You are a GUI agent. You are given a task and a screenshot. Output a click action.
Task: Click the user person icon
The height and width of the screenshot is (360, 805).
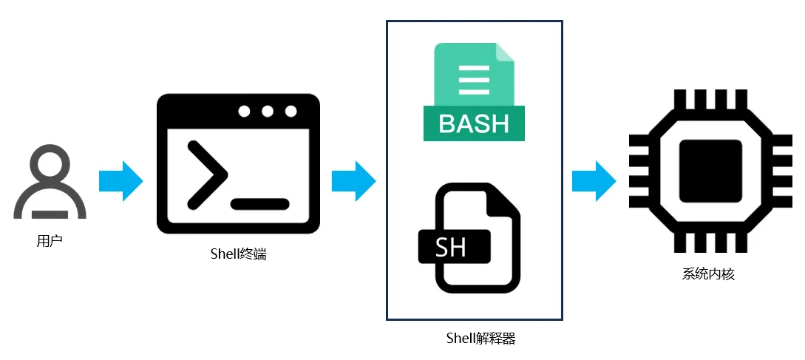pyautogui.click(x=50, y=182)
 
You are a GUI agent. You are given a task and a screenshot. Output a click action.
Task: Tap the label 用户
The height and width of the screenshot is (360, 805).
pyautogui.click(x=50, y=240)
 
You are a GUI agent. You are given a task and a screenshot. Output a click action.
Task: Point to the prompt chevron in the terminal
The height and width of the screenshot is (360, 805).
pyautogui.click(x=206, y=173)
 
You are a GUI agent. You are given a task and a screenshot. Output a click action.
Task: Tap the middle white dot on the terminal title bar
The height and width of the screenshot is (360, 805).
pyautogui.click(x=267, y=112)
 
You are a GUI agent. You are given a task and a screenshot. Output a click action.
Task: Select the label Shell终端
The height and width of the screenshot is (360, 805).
pyautogui.click(x=238, y=254)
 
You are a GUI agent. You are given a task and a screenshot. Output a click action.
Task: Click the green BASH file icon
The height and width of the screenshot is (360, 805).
pyautogui.click(x=474, y=92)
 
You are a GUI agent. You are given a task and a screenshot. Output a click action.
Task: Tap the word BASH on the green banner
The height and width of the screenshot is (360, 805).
pyautogui.click(x=474, y=123)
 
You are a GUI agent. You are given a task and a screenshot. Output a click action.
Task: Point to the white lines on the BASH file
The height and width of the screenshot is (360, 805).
pyautogui.click(x=474, y=80)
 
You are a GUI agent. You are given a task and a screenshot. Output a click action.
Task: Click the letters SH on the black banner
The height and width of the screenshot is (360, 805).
pyautogui.click(x=451, y=247)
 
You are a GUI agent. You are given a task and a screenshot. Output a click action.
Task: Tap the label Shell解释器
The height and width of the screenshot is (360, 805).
pyautogui.click(x=480, y=339)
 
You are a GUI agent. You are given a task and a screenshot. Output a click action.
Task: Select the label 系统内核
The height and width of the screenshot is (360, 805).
pyautogui.click(x=708, y=274)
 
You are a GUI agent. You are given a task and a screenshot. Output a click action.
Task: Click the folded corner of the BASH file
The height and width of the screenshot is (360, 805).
pyautogui.click(x=505, y=52)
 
